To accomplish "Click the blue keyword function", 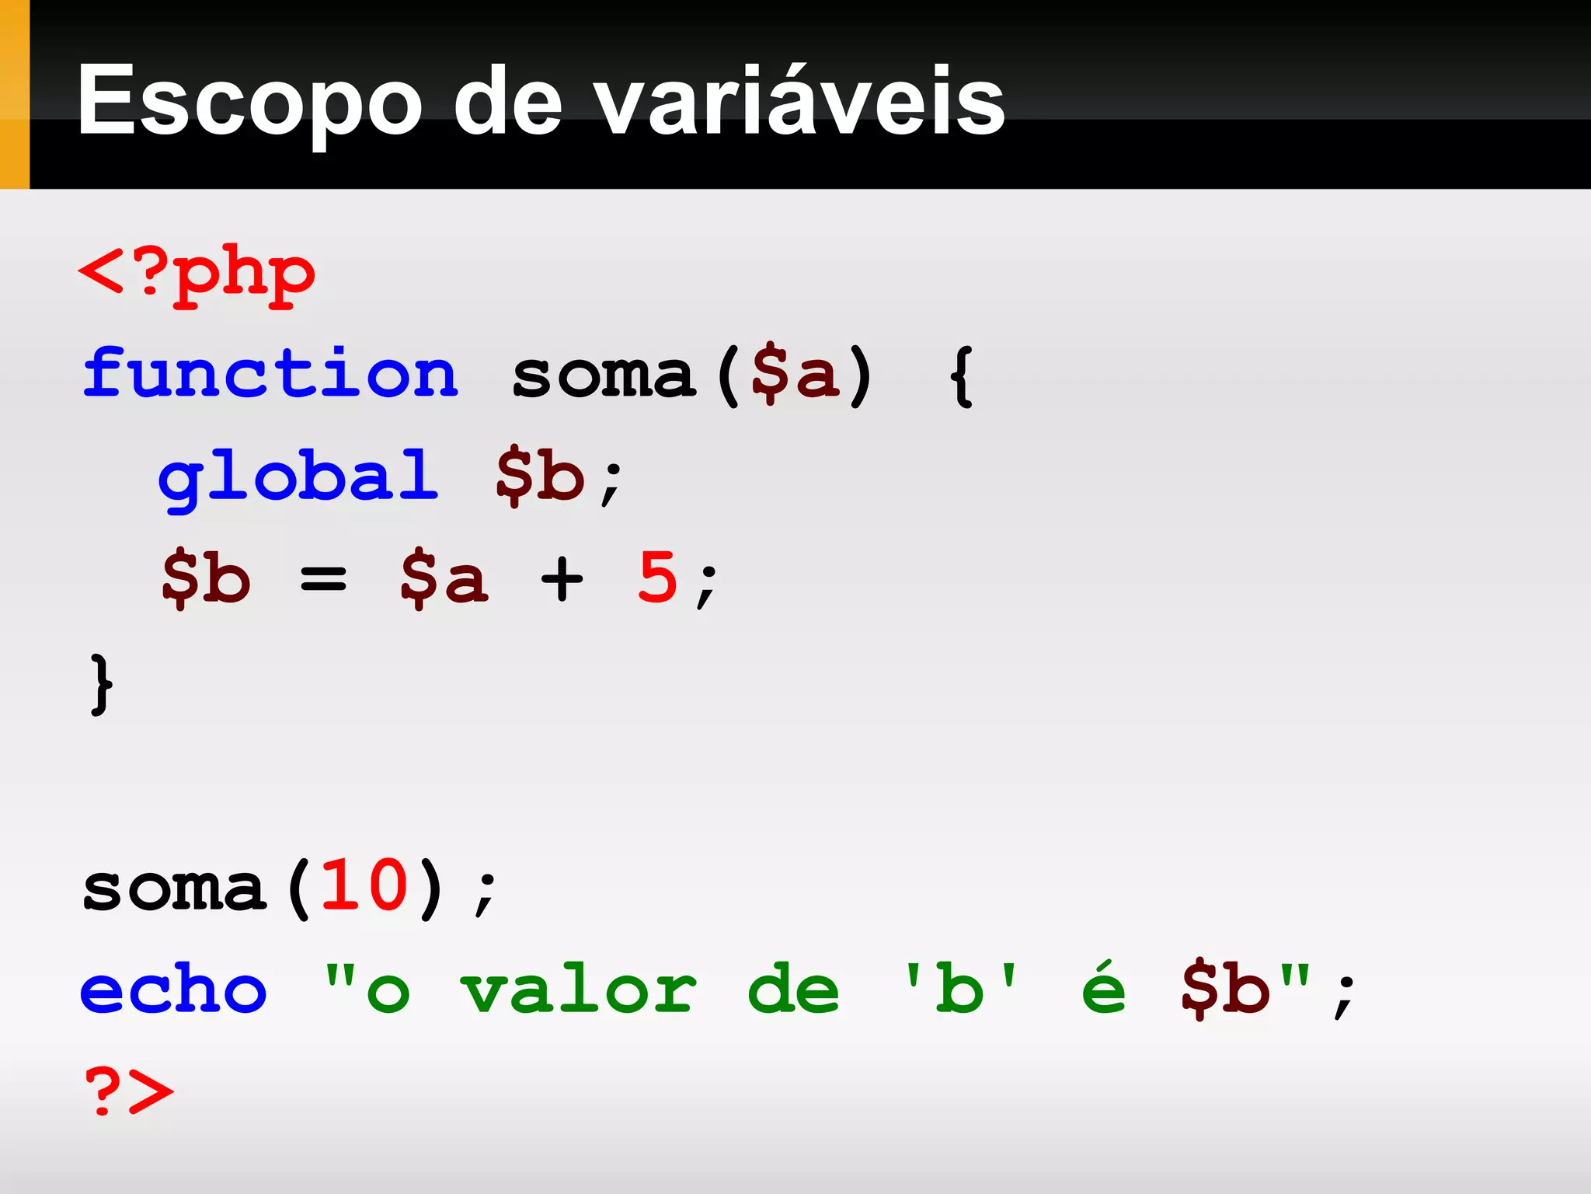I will click(x=270, y=375).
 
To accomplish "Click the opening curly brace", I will click(x=962, y=376).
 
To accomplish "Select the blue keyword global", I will click(x=298, y=476).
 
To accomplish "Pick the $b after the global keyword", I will click(x=540, y=476).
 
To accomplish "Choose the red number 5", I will click(x=657, y=577).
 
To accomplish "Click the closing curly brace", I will click(x=101, y=684).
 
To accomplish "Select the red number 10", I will click(x=364, y=886).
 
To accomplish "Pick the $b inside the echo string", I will click(x=1225, y=989).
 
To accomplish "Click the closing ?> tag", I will click(x=129, y=1090).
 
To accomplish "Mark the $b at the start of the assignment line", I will click(x=206, y=578).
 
